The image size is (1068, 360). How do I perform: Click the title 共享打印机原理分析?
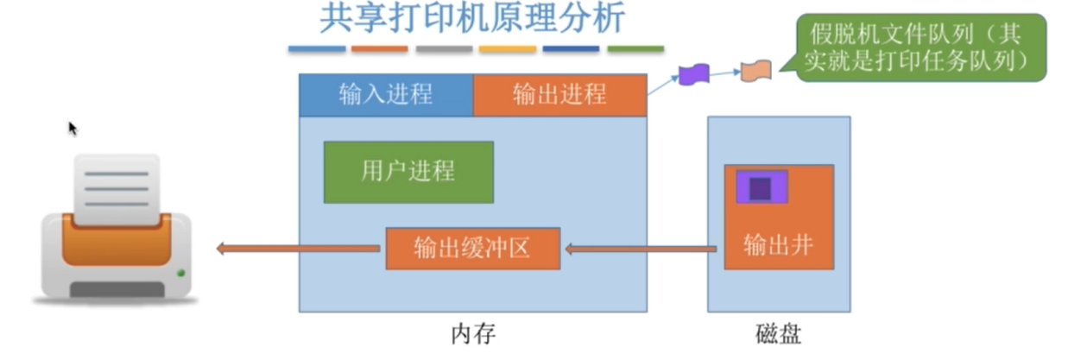(472, 19)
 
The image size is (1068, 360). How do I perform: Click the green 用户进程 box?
(408, 172)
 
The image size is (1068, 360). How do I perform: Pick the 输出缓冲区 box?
(472, 249)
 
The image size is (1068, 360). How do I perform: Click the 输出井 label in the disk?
(778, 245)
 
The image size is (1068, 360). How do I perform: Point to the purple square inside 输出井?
(761, 187)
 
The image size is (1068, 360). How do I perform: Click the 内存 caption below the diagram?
(473, 334)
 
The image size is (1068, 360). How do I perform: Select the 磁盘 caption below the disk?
(778, 334)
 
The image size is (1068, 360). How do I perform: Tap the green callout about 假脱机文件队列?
(919, 48)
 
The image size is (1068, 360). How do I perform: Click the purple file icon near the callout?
(693, 74)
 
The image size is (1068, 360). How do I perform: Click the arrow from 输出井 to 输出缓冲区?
(639, 249)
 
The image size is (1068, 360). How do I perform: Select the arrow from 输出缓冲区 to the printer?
(298, 249)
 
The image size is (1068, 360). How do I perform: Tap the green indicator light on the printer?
(180, 274)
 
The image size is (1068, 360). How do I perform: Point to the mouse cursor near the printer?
(73, 128)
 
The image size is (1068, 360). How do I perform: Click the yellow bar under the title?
(508, 49)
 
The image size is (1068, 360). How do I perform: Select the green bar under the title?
(635, 49)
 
